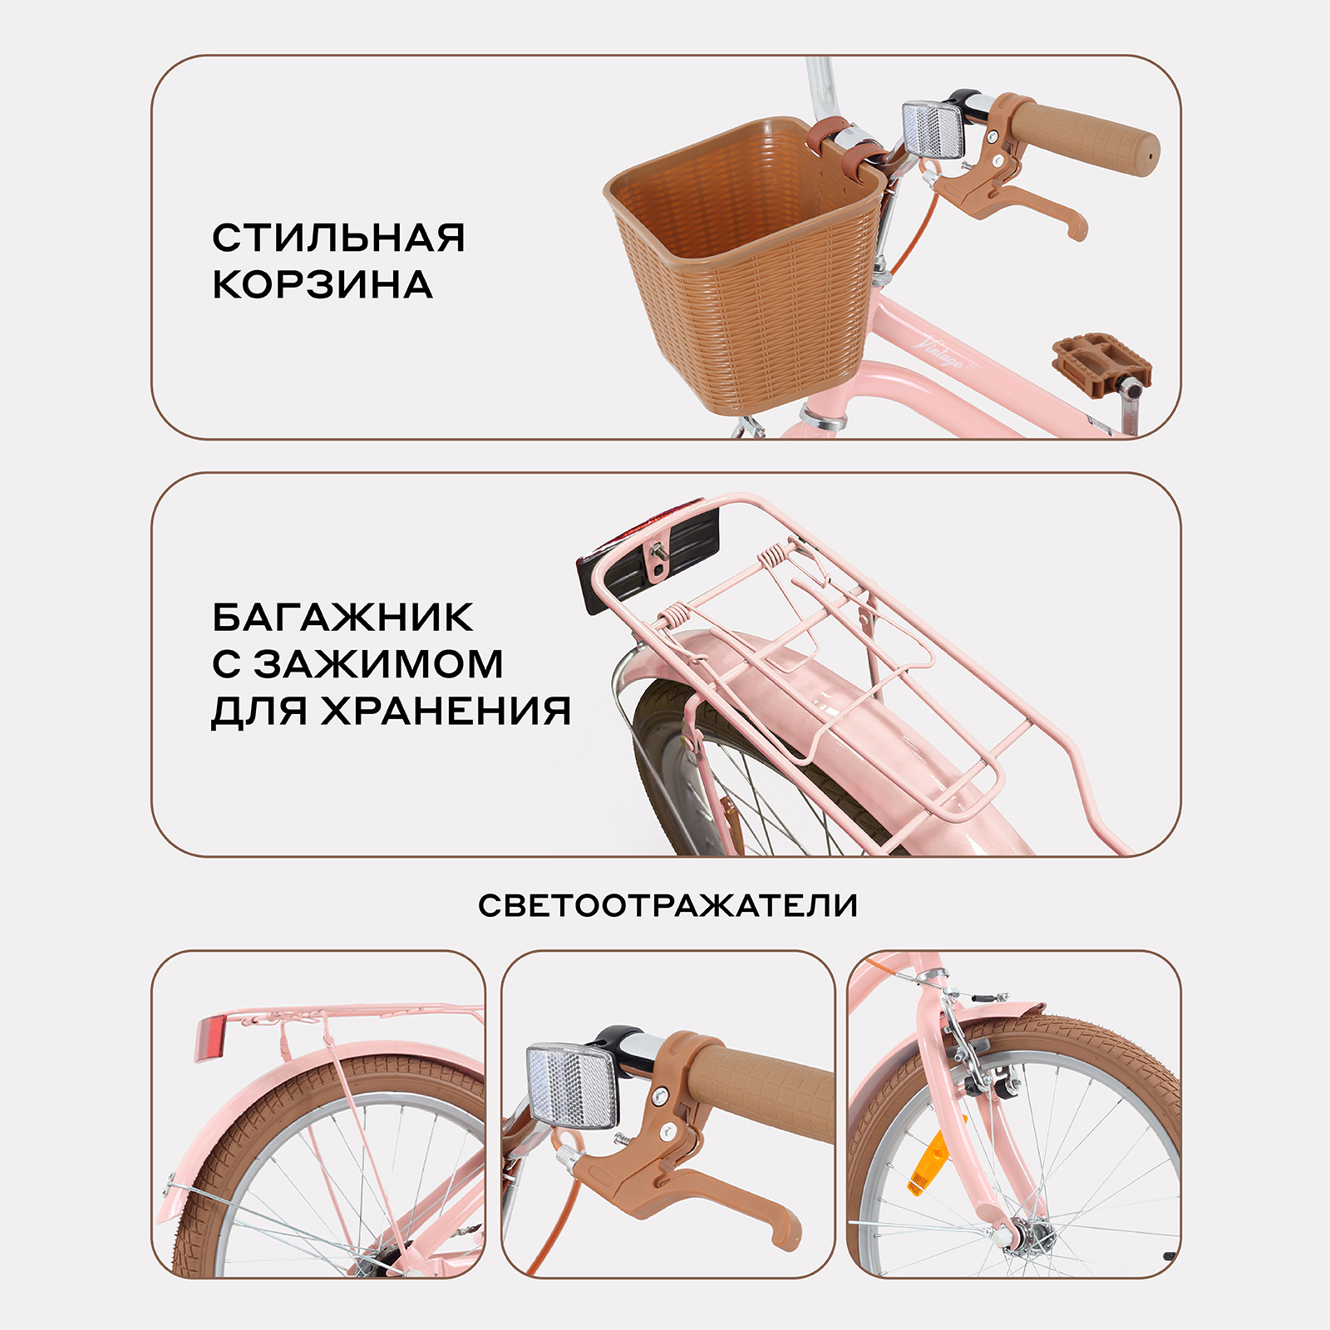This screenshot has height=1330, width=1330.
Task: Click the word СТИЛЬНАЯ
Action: pyautogui.click(x=338, y=238)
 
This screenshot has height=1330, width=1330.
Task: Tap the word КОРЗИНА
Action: pyautogui.click(x=323, y=285)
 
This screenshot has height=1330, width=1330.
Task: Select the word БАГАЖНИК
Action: pyautogui.click(x=342, y=618)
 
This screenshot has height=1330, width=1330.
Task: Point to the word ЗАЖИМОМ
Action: pyautogui.click(x=378, y=664)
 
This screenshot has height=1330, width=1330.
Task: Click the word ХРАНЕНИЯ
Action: pyautogui.click(x=446, y=711)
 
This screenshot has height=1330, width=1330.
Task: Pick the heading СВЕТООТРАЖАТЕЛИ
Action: pyautogui.click(x=667, y=905)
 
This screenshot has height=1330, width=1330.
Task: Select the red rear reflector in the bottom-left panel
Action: pyautogui.click(x=209, y=1039)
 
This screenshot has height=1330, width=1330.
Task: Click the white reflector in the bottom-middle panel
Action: pyautogui.click(x=572, y=1085)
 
